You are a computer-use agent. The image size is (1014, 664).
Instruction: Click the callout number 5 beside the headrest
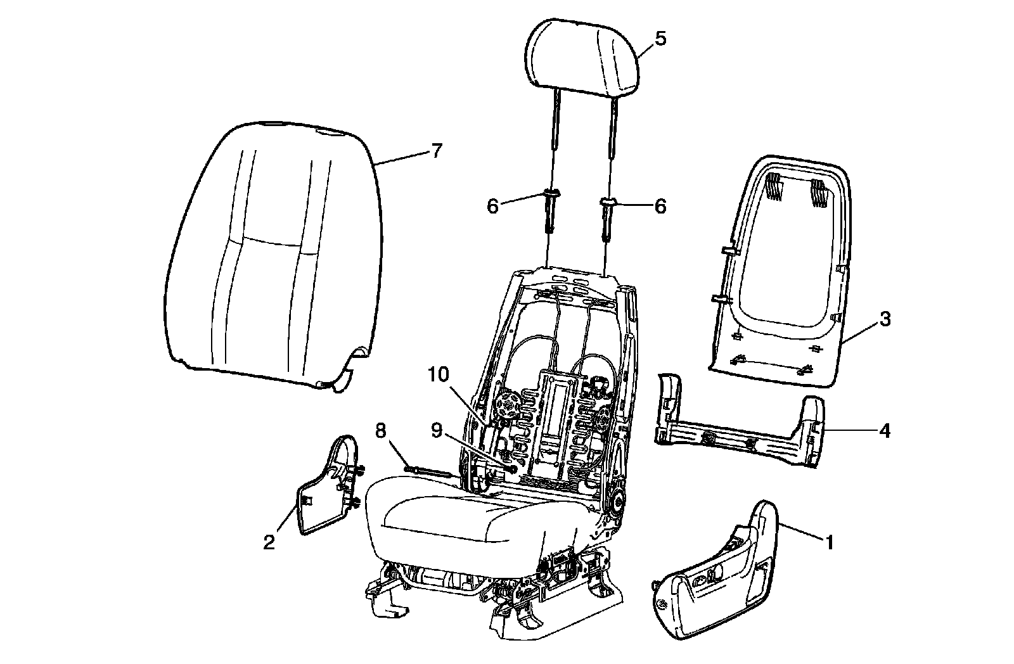660,39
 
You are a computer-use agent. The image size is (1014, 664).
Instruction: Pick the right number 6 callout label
660,206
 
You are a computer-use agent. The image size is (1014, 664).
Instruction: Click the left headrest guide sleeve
549,212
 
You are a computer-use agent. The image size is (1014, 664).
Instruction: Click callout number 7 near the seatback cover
436,151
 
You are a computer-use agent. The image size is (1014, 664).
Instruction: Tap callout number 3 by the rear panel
885,319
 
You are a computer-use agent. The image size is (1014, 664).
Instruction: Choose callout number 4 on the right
885,431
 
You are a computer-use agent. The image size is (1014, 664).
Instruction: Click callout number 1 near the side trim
829,542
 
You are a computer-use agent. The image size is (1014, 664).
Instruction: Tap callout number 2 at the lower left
269,542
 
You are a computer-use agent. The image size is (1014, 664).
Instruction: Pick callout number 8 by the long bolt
380,431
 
